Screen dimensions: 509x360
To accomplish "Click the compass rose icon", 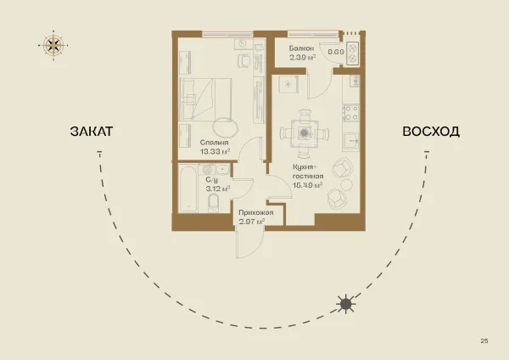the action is click(x=53, y=45).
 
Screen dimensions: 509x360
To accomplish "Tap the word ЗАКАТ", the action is click(x=92, y=132).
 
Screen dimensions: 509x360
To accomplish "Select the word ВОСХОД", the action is click(x=431, y=132).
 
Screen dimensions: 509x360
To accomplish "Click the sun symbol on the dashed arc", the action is click(x=346, y=304).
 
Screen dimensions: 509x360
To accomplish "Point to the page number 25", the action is click(x=484, y=340).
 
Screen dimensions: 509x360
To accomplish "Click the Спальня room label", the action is click(x=215, y=143).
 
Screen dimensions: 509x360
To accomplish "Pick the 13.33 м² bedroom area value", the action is click(x=215, y=151).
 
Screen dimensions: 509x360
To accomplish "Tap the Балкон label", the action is click(x=301, y=48).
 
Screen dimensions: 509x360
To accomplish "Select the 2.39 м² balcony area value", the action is click(x=303, y=58).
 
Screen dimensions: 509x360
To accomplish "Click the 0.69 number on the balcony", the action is click(x=336, y=52).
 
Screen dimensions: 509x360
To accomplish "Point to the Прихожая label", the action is click(x=256, y=212).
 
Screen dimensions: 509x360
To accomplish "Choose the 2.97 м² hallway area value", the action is click(x=252, y=222).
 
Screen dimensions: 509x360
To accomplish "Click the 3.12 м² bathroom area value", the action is click(x=218, y=188).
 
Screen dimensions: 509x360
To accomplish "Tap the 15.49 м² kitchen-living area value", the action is click(x=307, y=185).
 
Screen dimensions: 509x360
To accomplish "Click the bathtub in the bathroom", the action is click(x=188, y=188).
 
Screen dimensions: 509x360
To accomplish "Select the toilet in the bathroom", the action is click(x=213, y=203).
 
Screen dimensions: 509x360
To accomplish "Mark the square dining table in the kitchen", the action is click(x=305, y=133).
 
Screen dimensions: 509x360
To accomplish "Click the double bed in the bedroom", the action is click(x=206, y=99).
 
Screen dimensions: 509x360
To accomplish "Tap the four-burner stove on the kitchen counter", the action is click(x=351, y=112).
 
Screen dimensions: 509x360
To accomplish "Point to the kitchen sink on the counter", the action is click(x=351, y=142).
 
